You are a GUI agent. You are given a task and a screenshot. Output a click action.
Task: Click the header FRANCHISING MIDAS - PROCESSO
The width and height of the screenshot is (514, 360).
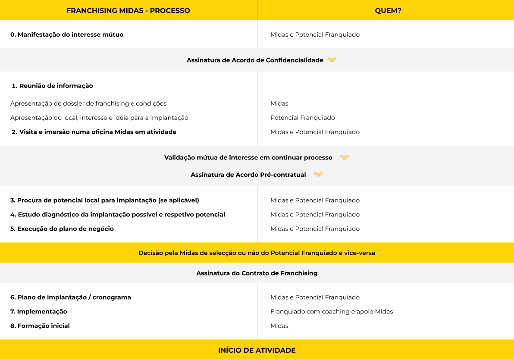(128, 10)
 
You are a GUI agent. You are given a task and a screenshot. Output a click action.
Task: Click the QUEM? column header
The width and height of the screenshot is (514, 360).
(388, 10)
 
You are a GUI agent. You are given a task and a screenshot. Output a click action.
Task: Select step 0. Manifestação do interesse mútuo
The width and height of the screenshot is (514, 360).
(67, 34)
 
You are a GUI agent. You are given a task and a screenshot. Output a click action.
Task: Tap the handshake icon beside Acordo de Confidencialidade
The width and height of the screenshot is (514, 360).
(332, 60)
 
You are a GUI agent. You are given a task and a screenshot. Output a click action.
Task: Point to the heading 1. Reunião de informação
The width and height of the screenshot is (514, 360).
(52, 86)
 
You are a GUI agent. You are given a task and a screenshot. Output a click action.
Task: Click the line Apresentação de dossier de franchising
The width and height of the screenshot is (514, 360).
(88, 103)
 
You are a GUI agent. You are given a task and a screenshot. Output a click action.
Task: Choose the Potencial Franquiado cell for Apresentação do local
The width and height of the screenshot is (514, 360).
(303, 118)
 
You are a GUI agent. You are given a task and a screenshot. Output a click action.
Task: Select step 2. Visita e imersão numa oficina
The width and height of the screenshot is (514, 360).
(94, 132)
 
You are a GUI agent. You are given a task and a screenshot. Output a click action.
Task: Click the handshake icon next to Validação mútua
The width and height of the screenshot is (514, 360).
(344, 157)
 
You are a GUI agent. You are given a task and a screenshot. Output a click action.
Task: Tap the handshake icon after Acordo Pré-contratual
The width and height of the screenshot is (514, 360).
(318, 175)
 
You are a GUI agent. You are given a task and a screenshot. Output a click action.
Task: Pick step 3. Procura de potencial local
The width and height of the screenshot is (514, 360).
(105, 200)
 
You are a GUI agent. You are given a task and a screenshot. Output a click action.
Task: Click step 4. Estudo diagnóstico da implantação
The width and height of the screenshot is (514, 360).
(118, 215)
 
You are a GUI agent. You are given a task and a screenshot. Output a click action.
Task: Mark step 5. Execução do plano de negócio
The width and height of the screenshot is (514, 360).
(62, 229)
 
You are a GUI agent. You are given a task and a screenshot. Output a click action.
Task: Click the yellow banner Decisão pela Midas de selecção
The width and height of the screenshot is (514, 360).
(257, 253)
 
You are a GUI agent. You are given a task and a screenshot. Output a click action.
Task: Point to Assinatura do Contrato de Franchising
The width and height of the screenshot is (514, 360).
(257, 273)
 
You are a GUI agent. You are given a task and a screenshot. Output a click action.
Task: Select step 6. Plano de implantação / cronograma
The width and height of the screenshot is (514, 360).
(71, 297)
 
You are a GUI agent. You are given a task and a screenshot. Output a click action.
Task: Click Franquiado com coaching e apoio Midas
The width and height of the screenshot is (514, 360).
(332, 312)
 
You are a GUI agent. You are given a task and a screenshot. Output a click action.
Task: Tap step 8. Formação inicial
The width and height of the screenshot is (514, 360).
(40, 326)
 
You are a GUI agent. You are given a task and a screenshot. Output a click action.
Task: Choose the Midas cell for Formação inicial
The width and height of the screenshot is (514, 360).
(279, 326)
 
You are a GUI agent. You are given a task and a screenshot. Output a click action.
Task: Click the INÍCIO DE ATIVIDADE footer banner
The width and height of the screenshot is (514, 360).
(257, 350)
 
